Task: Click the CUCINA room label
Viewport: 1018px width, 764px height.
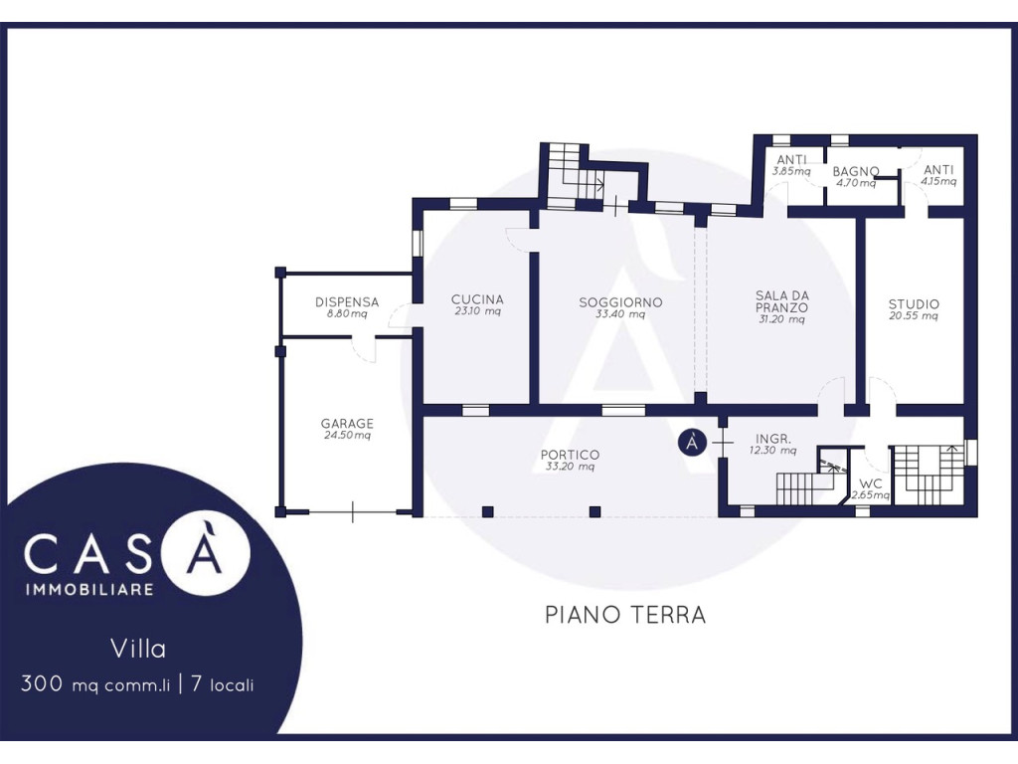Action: coord(477,299)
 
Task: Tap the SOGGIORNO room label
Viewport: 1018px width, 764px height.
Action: coord(620,302)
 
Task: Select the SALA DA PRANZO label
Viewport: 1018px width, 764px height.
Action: coord(782,301)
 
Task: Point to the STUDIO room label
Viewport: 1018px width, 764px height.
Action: coord(914,304)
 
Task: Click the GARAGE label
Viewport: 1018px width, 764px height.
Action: coord(347,424)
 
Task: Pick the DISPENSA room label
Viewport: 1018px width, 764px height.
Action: coord(347,302)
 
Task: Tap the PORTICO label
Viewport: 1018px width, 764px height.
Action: coord(570,455)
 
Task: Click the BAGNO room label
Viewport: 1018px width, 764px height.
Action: coord(856,171)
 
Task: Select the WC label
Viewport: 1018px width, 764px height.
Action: coord(871,484)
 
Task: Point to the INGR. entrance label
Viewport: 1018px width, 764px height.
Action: coord(773,439)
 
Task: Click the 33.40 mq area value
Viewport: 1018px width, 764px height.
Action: coord(620,314)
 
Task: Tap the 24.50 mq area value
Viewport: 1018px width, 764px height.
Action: coord(347,436)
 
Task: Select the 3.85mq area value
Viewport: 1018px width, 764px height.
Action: coord(791,171)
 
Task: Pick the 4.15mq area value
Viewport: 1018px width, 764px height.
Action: coord(938,181)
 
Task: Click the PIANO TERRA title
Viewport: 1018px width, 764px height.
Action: coord(625,614)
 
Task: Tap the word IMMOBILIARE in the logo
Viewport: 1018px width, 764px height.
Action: coord(89,589)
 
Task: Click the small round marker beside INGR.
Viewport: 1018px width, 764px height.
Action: coord(692,443)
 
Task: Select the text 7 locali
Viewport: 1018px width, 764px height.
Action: coord(223,684)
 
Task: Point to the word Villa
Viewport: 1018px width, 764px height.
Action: coord(138,649)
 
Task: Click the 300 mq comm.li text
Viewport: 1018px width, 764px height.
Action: coord(94,684)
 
